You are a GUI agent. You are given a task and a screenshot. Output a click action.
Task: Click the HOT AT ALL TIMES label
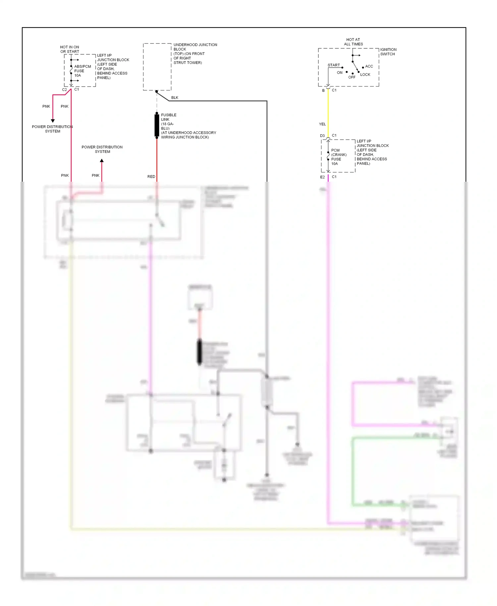[353, 42]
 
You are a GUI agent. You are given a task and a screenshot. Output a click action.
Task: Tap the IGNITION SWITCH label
[388, 52]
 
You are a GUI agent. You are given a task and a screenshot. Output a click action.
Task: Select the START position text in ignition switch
[334, 65]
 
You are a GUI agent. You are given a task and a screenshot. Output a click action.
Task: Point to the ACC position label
[369, 66]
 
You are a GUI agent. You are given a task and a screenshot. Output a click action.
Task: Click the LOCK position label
[365, 75]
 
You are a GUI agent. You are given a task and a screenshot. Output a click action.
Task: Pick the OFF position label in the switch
[352, 77]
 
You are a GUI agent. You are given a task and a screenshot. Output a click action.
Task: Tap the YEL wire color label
[322, 124]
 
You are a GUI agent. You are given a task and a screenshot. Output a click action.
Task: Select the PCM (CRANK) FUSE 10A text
[339, 157]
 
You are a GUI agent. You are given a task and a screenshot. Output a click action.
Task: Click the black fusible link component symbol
[157, 125]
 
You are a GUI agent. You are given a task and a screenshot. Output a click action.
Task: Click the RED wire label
[151, 177]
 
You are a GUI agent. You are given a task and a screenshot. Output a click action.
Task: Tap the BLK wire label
[175, 98]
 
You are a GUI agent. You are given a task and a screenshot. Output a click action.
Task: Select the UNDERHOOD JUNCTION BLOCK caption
[195, 53]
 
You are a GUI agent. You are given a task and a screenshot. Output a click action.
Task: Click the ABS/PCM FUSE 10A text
[82, 71]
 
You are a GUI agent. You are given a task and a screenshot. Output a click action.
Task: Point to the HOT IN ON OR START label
[70, 49]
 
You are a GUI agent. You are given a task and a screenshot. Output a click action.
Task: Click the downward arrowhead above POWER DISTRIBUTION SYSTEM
[53, 121]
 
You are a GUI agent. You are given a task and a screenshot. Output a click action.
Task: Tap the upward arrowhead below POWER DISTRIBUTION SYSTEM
[102, 161]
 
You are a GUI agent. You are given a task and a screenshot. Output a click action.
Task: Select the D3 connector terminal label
[322, 136]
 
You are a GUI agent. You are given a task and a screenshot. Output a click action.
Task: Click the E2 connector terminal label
[322, 177]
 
